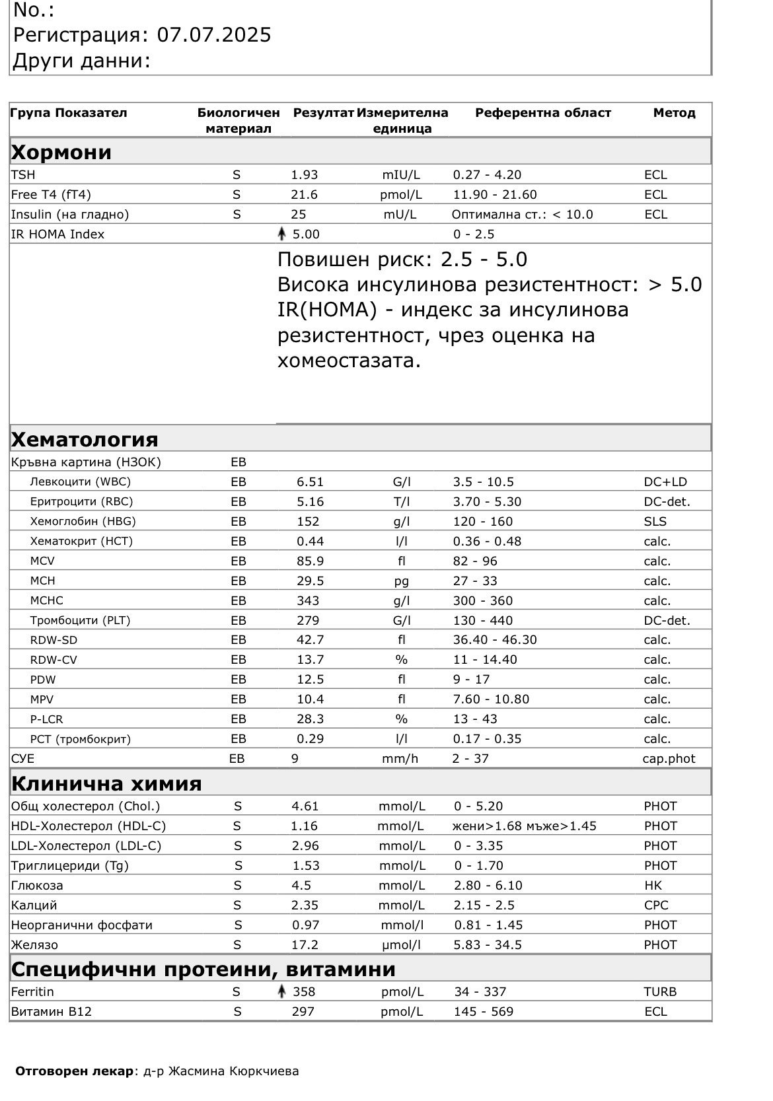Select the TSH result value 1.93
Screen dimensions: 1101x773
pyautogui.click(x=305, y=175)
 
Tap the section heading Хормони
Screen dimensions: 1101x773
pyautogui.click(x=61, y=153)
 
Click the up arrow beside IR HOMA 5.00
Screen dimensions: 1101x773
pyautogui.click(x=282, y=234)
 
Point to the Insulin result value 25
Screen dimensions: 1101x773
pyautogui.click(x=299, y=215)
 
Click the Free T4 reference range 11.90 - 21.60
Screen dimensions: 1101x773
pyautogui.click(x=495, y=195)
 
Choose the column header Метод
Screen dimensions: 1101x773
pyautogui.click(x=674, y=113)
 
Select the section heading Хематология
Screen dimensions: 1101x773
pyautogui.click(x=85, y=439)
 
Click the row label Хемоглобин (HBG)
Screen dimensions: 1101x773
pyautogui.click(x=83, y=521)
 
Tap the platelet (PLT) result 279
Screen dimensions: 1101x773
pyautogui.click(x=308, y=620)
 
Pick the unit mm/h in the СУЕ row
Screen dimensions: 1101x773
pyautogui.click(x=400, y=759)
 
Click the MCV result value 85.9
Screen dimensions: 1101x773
pyautogui.click(x=310, y=561)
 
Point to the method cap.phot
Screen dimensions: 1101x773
pyautogui.click(x=669, y=759)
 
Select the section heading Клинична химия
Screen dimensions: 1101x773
pyautogui.click(x=106, y=784)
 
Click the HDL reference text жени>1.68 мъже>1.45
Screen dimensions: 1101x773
pyautogui.click(x=524, y=826)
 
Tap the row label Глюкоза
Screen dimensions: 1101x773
pyautogui.click(x=37, y=886)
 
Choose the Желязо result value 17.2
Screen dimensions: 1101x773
pyautogui.click(x=305, y=945)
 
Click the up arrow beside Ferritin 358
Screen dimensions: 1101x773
pyautogui.click(x=282, y=991)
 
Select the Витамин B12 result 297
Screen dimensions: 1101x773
pyautogui.click(x=303, y=1012)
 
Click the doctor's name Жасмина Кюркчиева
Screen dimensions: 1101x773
pyautogui.click(x=233, y=1071)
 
